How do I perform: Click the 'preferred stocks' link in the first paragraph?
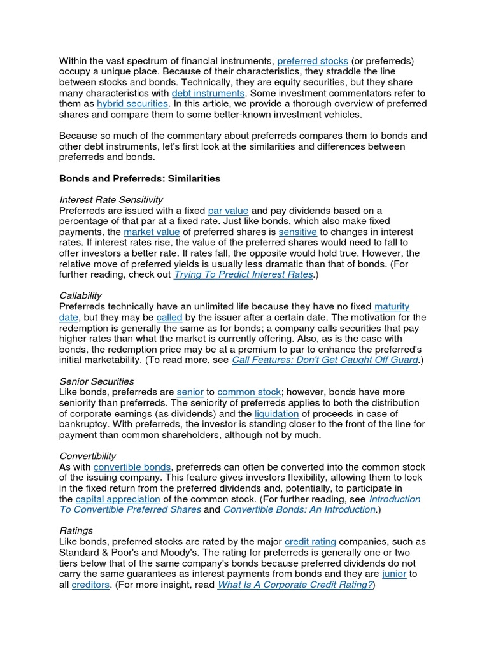[313, 61]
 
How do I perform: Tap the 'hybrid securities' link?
[132, 103]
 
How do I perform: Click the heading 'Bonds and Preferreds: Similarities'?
[139, 179]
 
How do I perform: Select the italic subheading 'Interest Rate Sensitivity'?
[111, 200]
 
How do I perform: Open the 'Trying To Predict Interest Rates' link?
[243, 274]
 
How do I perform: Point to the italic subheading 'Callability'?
[80, 296]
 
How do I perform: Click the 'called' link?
[169, 317]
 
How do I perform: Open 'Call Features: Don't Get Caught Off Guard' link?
[325, 360]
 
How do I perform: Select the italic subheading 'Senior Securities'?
[96, 381]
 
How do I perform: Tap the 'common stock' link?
[249, 392]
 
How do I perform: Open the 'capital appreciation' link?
[118, 499]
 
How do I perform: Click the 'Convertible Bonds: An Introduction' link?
[299, 509]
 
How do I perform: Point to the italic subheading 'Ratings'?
[76, 530]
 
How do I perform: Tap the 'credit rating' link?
[310, 542]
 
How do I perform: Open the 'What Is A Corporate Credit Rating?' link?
[295, 585]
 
